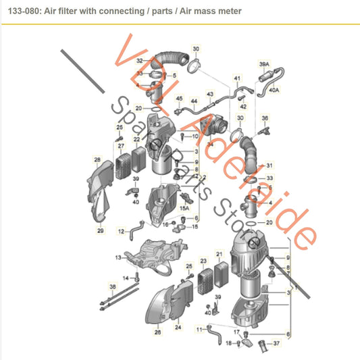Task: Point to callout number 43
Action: click(x=210, y=94)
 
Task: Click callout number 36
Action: click(x=264, y=117)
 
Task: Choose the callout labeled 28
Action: click(x=97, y=160)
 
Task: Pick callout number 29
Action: click(x=100, y=230)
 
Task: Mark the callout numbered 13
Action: click(x=118, y=258)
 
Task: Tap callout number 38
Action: click(x=112, y=286)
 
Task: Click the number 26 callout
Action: click(x=158, y=331)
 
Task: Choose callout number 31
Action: click(x=269, y=165)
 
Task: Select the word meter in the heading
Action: click(x=228, y=11)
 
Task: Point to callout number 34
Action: click(x=210, y=143)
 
